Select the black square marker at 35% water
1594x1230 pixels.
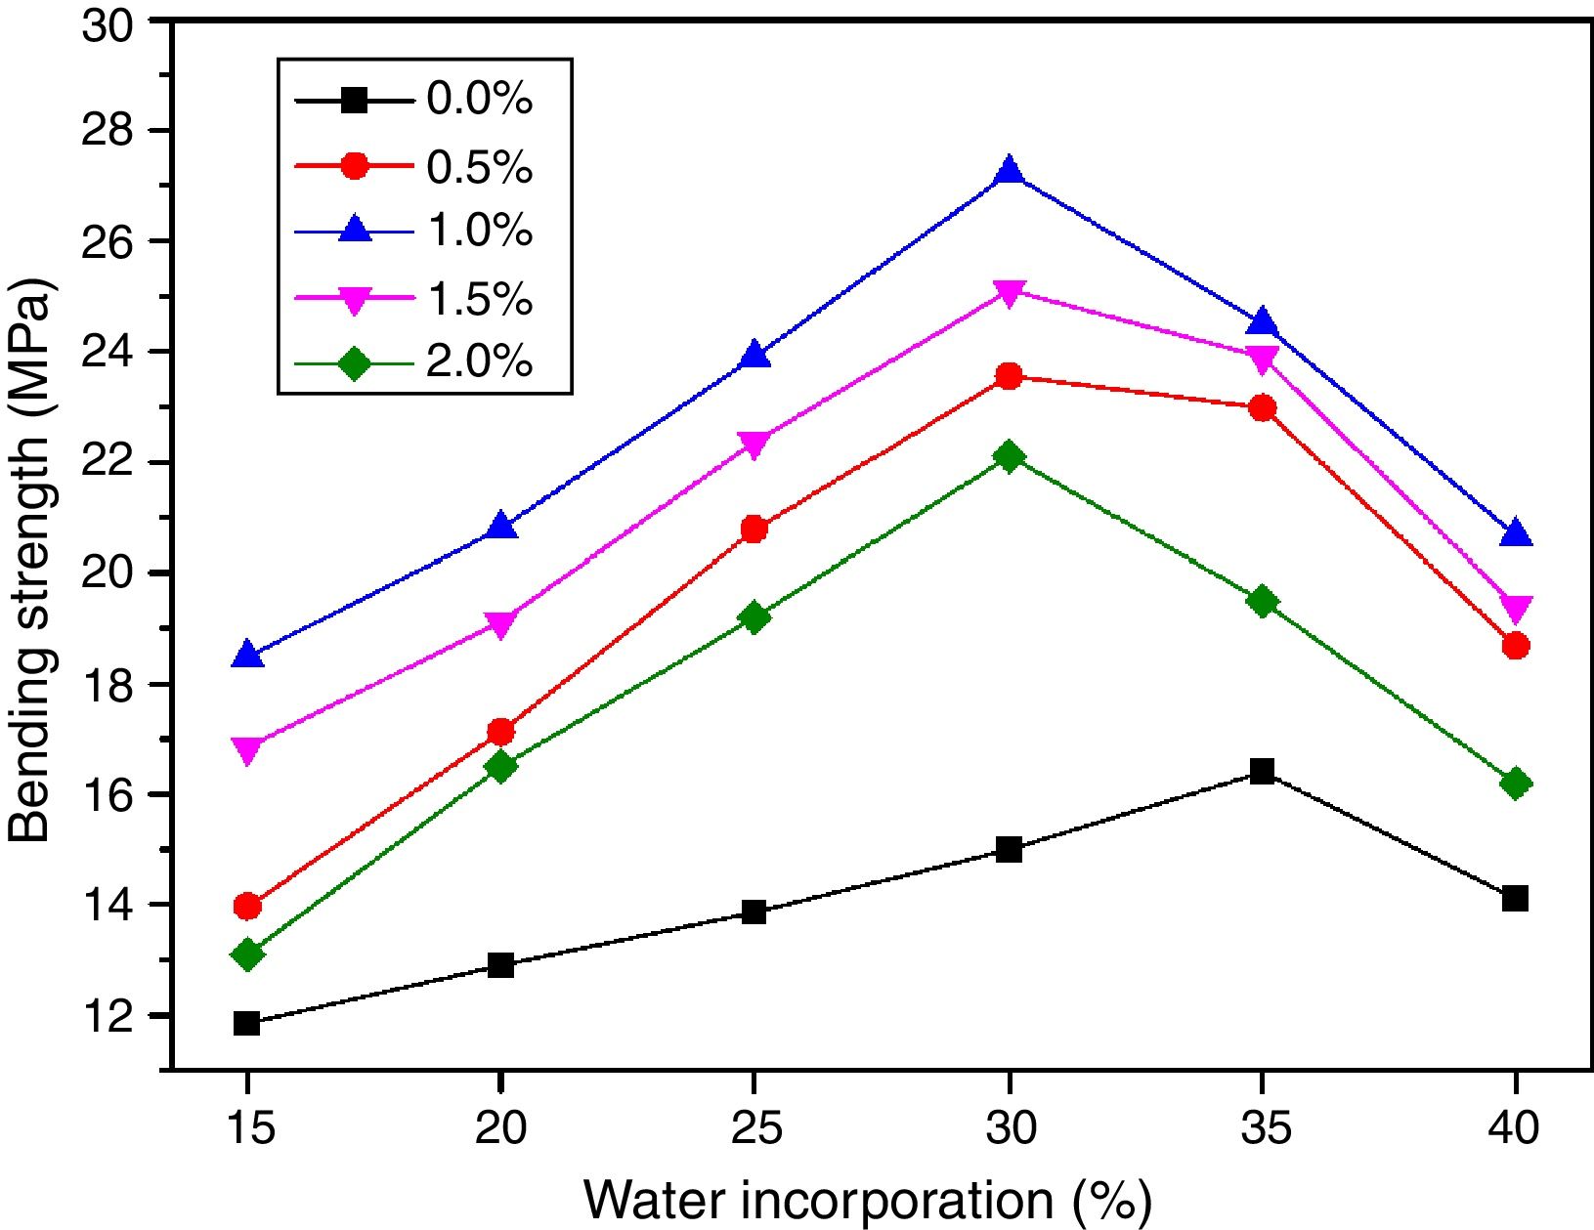[x=1262, y=772]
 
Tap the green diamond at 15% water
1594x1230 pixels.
[x=247, y=954]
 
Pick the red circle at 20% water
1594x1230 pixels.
[x=500, y=732]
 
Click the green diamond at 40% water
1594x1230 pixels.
[x=1515, y=784]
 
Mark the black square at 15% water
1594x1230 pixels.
[x=247, y=1023]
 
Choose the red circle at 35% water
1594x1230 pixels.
[x=1262, y=407]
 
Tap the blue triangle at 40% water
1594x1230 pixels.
[x=1515, y=533]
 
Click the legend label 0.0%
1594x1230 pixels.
[x=479, y=101]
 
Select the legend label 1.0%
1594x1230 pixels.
[x=479, y=232]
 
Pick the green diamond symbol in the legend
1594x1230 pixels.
[x=355, y=363]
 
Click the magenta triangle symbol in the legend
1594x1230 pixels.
[x=355, y=299]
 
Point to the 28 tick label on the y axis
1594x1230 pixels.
[x=109, y=131]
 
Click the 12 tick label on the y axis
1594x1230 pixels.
[x=109, y=1016]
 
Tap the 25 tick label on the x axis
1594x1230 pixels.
[x=754, y=1129]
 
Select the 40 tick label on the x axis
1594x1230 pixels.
[x=1515, y=1129]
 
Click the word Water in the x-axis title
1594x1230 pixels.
[x=654, y=1201]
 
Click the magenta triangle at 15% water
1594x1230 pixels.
[x=247, y=750]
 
